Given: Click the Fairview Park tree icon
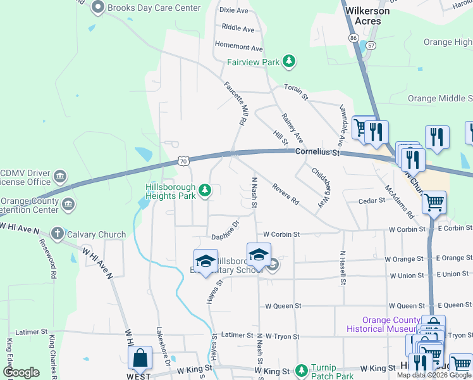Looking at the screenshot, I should pos(289,61).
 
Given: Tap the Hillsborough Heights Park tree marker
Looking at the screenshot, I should pos(204,189).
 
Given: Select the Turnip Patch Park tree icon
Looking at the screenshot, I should pos(304,369).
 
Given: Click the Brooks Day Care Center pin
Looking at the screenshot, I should pos(97,8).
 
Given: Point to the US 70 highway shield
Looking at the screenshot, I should pos(183,161).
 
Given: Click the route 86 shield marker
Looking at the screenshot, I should pos(353,39).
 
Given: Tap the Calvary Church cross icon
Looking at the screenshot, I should pos(58,234).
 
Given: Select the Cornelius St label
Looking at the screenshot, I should pos(317,153).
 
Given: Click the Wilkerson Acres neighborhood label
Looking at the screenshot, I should pos(364,16).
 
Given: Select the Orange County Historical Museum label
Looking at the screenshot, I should pos(383,324).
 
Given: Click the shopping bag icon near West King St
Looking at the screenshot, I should pos(140,358).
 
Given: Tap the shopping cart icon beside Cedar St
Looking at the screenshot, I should pos(434,203).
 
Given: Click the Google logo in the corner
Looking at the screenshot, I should pos(21,372).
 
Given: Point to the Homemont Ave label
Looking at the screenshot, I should pos(238,47).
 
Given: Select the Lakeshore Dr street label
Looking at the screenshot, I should pos(163,346).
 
